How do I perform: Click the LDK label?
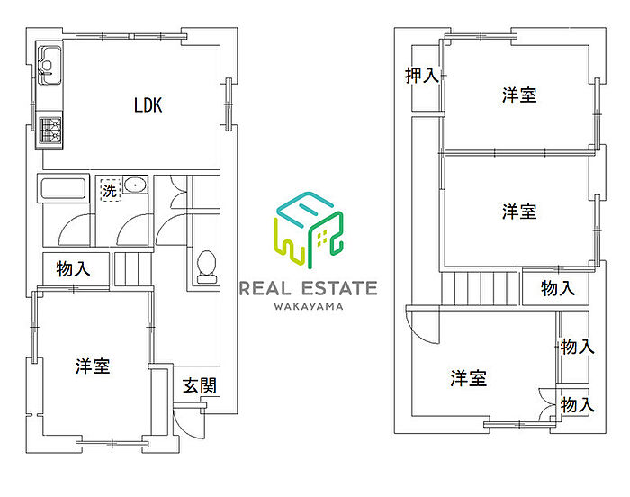(148, 105)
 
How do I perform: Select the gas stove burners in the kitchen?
(49, 131)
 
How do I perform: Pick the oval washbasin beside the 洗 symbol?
(135, 187)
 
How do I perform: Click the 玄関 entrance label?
(199, 386)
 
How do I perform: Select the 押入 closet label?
(422, 76)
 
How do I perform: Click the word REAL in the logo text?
(265, 288)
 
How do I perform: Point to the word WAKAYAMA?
(307, 307)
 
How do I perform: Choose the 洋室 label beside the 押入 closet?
(519, 95)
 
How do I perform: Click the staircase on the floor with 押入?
(481, 290)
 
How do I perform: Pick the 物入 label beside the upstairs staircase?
(558, 288)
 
